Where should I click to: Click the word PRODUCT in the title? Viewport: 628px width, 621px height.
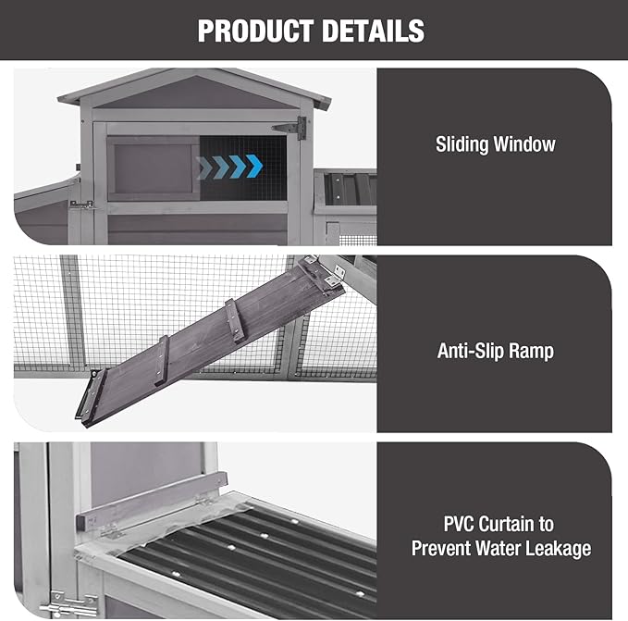point(255,31)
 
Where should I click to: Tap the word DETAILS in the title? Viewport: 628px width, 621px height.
point(374,31)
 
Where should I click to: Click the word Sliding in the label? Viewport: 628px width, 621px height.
point(462,144)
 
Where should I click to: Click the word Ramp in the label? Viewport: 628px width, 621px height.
point(526,352)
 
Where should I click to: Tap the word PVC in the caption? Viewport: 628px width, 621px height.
point(458,524)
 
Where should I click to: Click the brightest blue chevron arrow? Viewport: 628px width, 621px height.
point(254,166)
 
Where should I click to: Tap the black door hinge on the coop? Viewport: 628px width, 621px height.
point(289,129)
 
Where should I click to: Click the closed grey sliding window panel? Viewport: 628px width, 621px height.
point(154,168)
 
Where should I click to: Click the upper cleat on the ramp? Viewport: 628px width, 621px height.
point(235,320)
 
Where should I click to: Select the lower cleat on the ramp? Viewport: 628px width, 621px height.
point(163,360)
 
